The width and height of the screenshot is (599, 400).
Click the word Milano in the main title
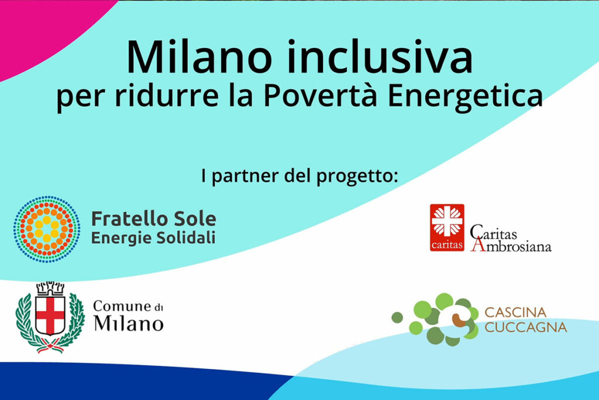pos(199,57)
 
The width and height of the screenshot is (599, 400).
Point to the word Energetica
pos(465,97)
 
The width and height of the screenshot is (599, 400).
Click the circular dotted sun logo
pos(47,229)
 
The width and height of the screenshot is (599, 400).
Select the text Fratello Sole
pos(154,218)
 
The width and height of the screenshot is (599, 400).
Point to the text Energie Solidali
pos(153,238)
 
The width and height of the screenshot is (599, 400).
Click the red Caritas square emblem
pos(447,228)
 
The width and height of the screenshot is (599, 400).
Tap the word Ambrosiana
pos(511,245)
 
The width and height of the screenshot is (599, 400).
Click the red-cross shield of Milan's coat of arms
pos(50,316)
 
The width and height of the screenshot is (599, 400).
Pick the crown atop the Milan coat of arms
pos(50,288)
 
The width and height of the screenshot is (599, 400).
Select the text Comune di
pos(128,307)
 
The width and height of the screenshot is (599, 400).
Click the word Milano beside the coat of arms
pos(129,323)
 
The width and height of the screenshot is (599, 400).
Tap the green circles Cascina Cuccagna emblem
pos(435,319)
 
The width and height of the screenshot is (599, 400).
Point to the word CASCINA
pos(516,312)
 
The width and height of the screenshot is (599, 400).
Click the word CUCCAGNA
pos(526,327)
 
